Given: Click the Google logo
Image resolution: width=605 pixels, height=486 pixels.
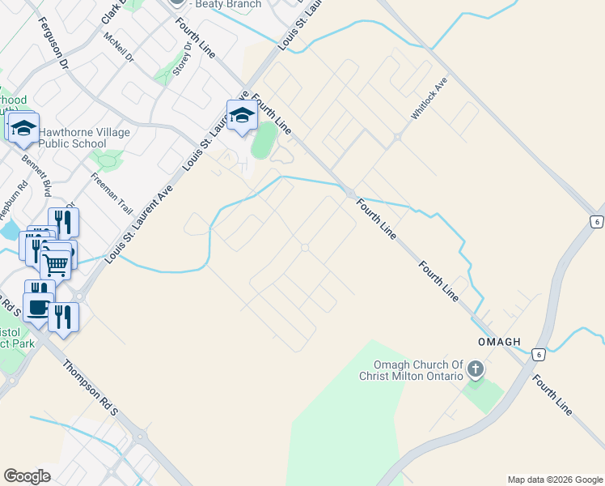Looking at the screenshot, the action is [x=27, y=476].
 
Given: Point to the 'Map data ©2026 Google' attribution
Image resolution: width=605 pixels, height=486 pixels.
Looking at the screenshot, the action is [x=554, y=480].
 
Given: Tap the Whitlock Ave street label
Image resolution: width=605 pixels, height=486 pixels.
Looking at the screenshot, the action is [x=429, y=100].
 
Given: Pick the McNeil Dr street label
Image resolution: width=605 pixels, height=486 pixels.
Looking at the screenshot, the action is [x=118, y=48].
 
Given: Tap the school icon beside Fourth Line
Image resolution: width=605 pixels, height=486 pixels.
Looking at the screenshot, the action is [x=242, y=117].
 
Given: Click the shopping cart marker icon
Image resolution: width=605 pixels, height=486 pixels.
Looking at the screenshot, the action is [x=56, y=262].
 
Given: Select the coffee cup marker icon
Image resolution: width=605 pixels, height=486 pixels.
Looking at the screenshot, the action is [x=37, y=306].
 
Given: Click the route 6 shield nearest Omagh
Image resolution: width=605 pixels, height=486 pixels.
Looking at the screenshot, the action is [x=537, y=355].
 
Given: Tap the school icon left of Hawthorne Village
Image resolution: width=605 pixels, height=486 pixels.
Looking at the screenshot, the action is [x=23, y=127].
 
